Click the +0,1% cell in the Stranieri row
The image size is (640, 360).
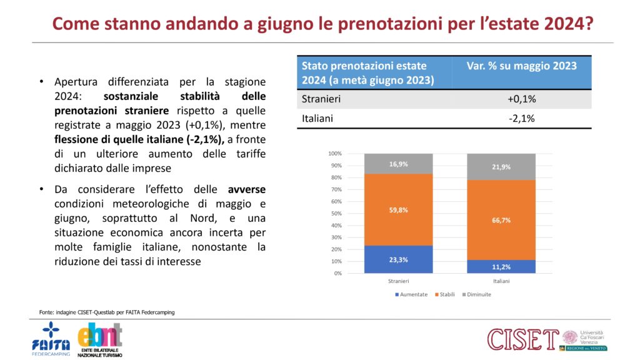click(521, 99)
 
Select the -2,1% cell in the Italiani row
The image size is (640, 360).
click(521, 118)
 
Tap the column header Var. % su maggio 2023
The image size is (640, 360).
click(521, 66)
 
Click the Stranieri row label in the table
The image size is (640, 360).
click(321, 99)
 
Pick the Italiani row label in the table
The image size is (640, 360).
click(317, 118)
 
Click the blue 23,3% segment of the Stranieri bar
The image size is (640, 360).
click(398, 259)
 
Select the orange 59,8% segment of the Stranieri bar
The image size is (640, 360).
click(398, 210)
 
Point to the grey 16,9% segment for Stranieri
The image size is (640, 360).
click(398, 164)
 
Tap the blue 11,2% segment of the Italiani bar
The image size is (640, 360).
click(501, 267)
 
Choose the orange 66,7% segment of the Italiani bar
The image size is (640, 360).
click(501, 220)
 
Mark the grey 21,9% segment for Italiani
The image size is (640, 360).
click(501, 167)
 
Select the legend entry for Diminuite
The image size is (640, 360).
click(477, 294)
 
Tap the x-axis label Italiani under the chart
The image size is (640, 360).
click(501, 281)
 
